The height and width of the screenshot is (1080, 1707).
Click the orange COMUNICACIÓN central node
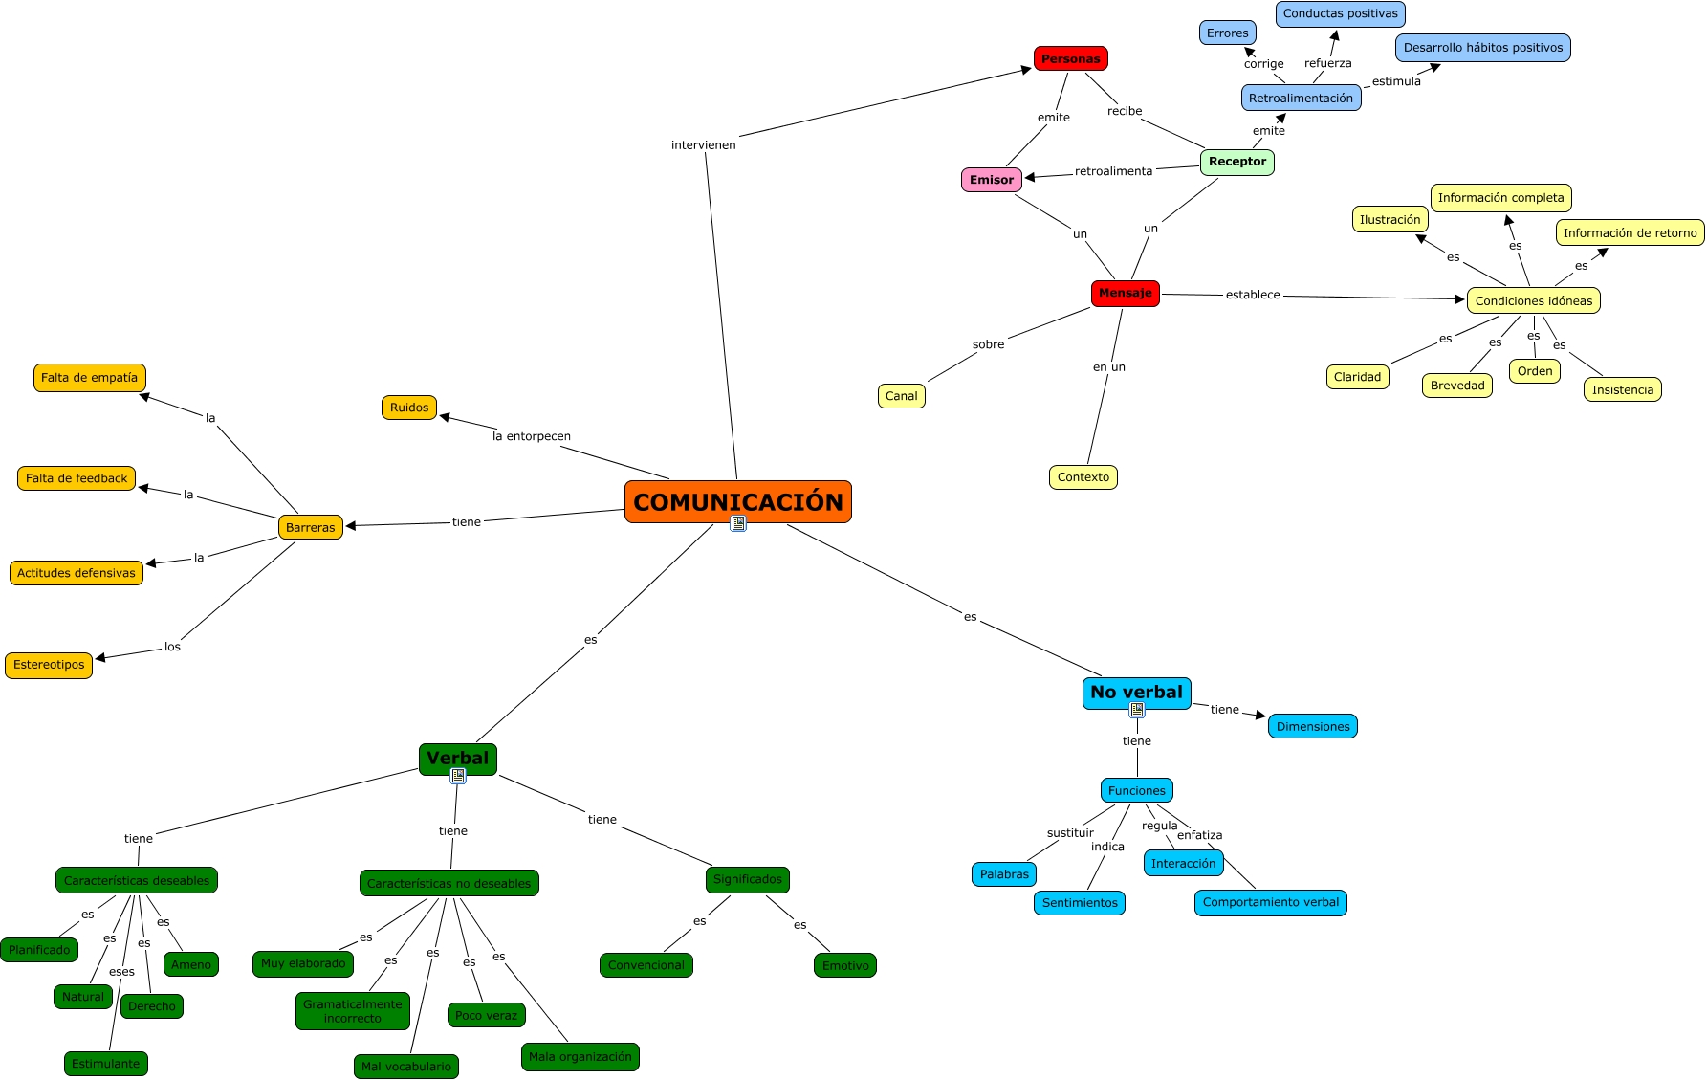click(737, 501)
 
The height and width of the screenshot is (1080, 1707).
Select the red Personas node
click(1070, 58)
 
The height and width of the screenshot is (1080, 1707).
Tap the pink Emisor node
click(991, 180)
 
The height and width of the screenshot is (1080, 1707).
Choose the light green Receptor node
click(1236, 162)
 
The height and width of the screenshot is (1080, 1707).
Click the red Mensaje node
click(1125, 294)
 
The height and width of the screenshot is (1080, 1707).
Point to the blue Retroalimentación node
click(1301, 98)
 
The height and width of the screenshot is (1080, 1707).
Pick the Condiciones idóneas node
click(1533, 300)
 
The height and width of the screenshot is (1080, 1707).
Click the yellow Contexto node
click(1083, 476)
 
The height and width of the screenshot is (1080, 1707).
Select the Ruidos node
click(409, 408)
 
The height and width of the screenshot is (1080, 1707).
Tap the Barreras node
click(310, 527)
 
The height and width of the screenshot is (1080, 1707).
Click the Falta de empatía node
click(89, 378)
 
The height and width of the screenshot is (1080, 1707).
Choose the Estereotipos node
click(49, 665)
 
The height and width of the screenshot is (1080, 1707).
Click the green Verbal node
click(457, 759)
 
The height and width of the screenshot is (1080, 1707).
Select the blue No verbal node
click(1136, 693)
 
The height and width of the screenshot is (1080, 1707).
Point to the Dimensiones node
click(1312, 726)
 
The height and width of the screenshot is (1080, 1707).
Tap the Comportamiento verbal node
click(1270, 902)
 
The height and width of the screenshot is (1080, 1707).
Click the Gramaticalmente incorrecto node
click(352, 1011)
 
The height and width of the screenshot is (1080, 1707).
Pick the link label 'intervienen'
click(703, 145)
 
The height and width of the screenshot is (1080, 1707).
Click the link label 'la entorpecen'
click(531, 436)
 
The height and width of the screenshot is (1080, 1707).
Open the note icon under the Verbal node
click(458, 776)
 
